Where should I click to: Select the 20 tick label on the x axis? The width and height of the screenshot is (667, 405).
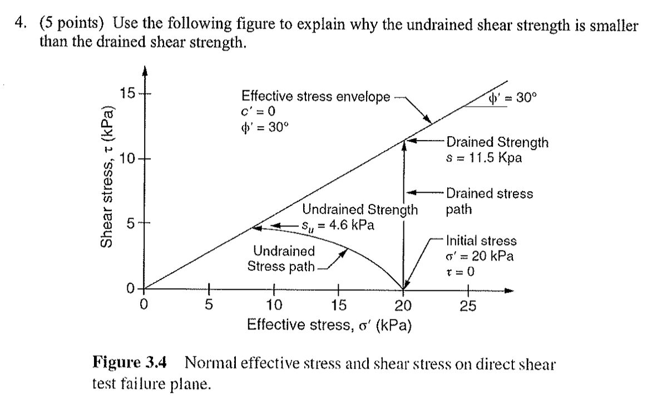coord(403,304)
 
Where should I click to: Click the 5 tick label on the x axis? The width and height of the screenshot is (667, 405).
coord(209,304)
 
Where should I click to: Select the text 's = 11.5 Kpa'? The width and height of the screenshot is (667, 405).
coord(485,157)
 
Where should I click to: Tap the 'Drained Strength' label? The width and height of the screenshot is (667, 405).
coord(497,143)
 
